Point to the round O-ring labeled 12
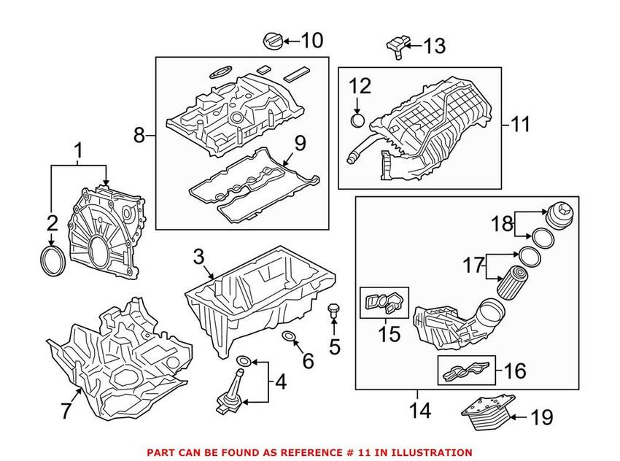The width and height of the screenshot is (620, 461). pyautogui.click(x=357, y=120)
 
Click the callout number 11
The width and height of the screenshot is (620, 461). pyautogui.click(x=520, y=124)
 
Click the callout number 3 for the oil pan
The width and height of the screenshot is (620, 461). pyautogui.click(x=198, y=257)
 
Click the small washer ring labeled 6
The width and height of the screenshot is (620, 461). pyautogui.click(x=290, y=336)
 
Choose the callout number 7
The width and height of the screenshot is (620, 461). pyautogui.click(x=66, y=411)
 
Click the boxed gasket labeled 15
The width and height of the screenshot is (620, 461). pyautogui.click(x=385, y=301)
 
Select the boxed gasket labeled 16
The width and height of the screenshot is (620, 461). pyautogui.click(x=465, y=371)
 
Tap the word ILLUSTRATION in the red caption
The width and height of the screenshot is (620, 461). pyautogui.click(x=426, y=452)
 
